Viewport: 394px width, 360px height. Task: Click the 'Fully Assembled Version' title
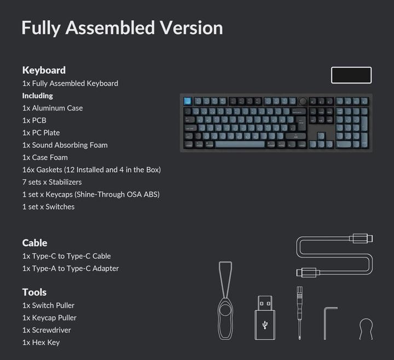coord(122,27)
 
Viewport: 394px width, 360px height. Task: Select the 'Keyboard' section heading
coord(44,70)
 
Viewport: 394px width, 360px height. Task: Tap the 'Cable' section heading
coord(34,242)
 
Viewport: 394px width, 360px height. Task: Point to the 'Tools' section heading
coord(34,292)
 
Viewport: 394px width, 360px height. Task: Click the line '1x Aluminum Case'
coord(53,108)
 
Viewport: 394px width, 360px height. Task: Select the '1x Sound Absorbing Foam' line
coord(65,145)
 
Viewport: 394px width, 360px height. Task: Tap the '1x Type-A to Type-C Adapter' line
coord(71,268)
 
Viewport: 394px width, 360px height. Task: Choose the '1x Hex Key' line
coord(41,342)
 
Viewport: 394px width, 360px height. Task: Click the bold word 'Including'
coord(37,95)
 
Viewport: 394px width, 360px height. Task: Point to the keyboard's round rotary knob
coord(303,101)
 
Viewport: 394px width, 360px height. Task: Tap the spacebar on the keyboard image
coord(240,144)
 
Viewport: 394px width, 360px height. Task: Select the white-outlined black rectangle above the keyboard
coord(351,75)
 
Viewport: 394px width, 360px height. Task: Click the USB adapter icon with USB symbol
coord(265,318)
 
